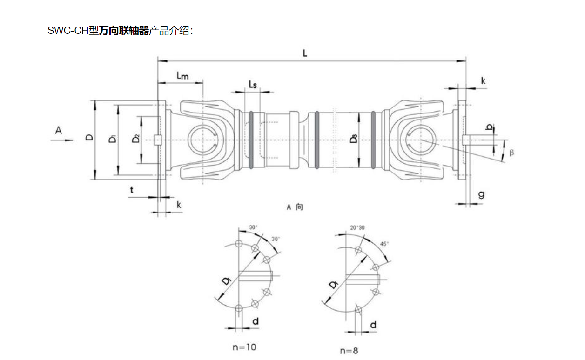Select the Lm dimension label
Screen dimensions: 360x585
(182, 76)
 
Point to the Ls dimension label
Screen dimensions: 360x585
(252, 84)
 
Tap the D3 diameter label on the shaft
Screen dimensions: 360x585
(354, 138)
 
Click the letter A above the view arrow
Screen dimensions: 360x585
(58, 131)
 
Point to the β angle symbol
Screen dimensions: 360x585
(512, 153)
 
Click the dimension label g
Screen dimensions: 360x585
(481, 194)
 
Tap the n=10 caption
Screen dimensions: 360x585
(244, 347)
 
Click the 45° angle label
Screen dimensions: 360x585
(385, 244)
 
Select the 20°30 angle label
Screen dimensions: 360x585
(357, 228)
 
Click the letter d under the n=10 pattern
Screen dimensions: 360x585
(255, 320)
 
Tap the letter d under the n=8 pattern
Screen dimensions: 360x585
(373, 325)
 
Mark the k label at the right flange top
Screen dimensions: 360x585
(483, 81)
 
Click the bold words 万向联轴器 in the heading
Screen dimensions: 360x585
(124, 31)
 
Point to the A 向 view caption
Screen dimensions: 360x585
(295, 207)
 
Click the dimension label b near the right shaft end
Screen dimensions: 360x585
(488, 127)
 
